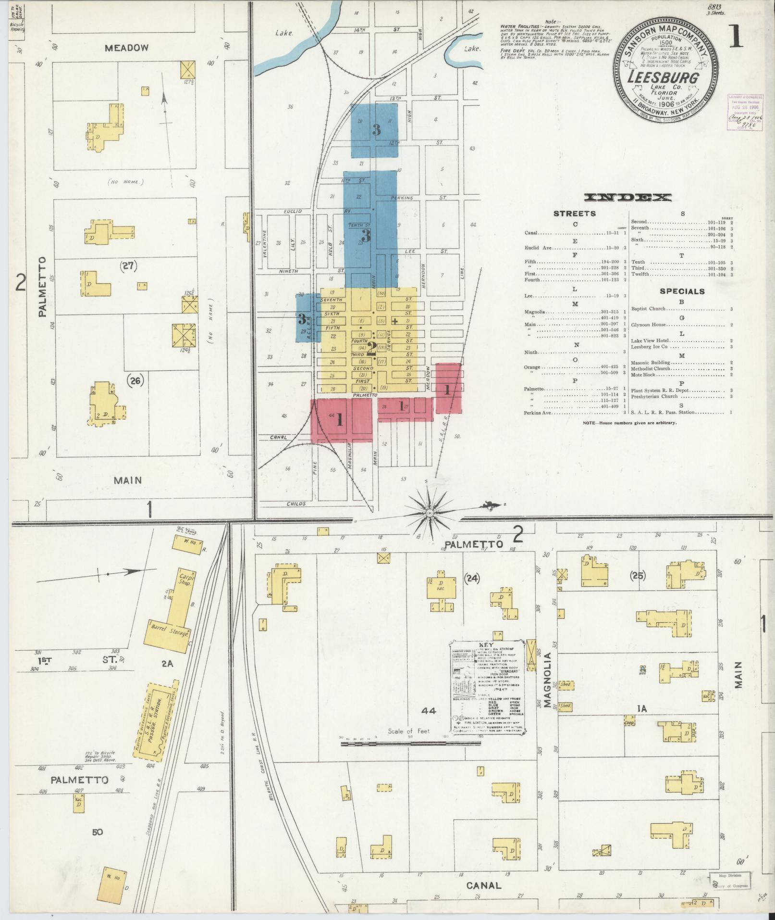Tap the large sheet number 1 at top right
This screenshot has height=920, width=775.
point(735,38)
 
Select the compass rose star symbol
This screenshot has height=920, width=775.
point(430,515)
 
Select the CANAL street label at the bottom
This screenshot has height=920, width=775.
point(484,885)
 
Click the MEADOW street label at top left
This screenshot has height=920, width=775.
point(127,48)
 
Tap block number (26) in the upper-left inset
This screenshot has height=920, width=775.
point(136,380)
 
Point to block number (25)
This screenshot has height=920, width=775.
point(639,575)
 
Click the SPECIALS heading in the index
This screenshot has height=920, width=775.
point(682,291)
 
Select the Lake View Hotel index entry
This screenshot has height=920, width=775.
point(650,340)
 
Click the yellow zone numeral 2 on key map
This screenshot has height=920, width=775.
point(371,348)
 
